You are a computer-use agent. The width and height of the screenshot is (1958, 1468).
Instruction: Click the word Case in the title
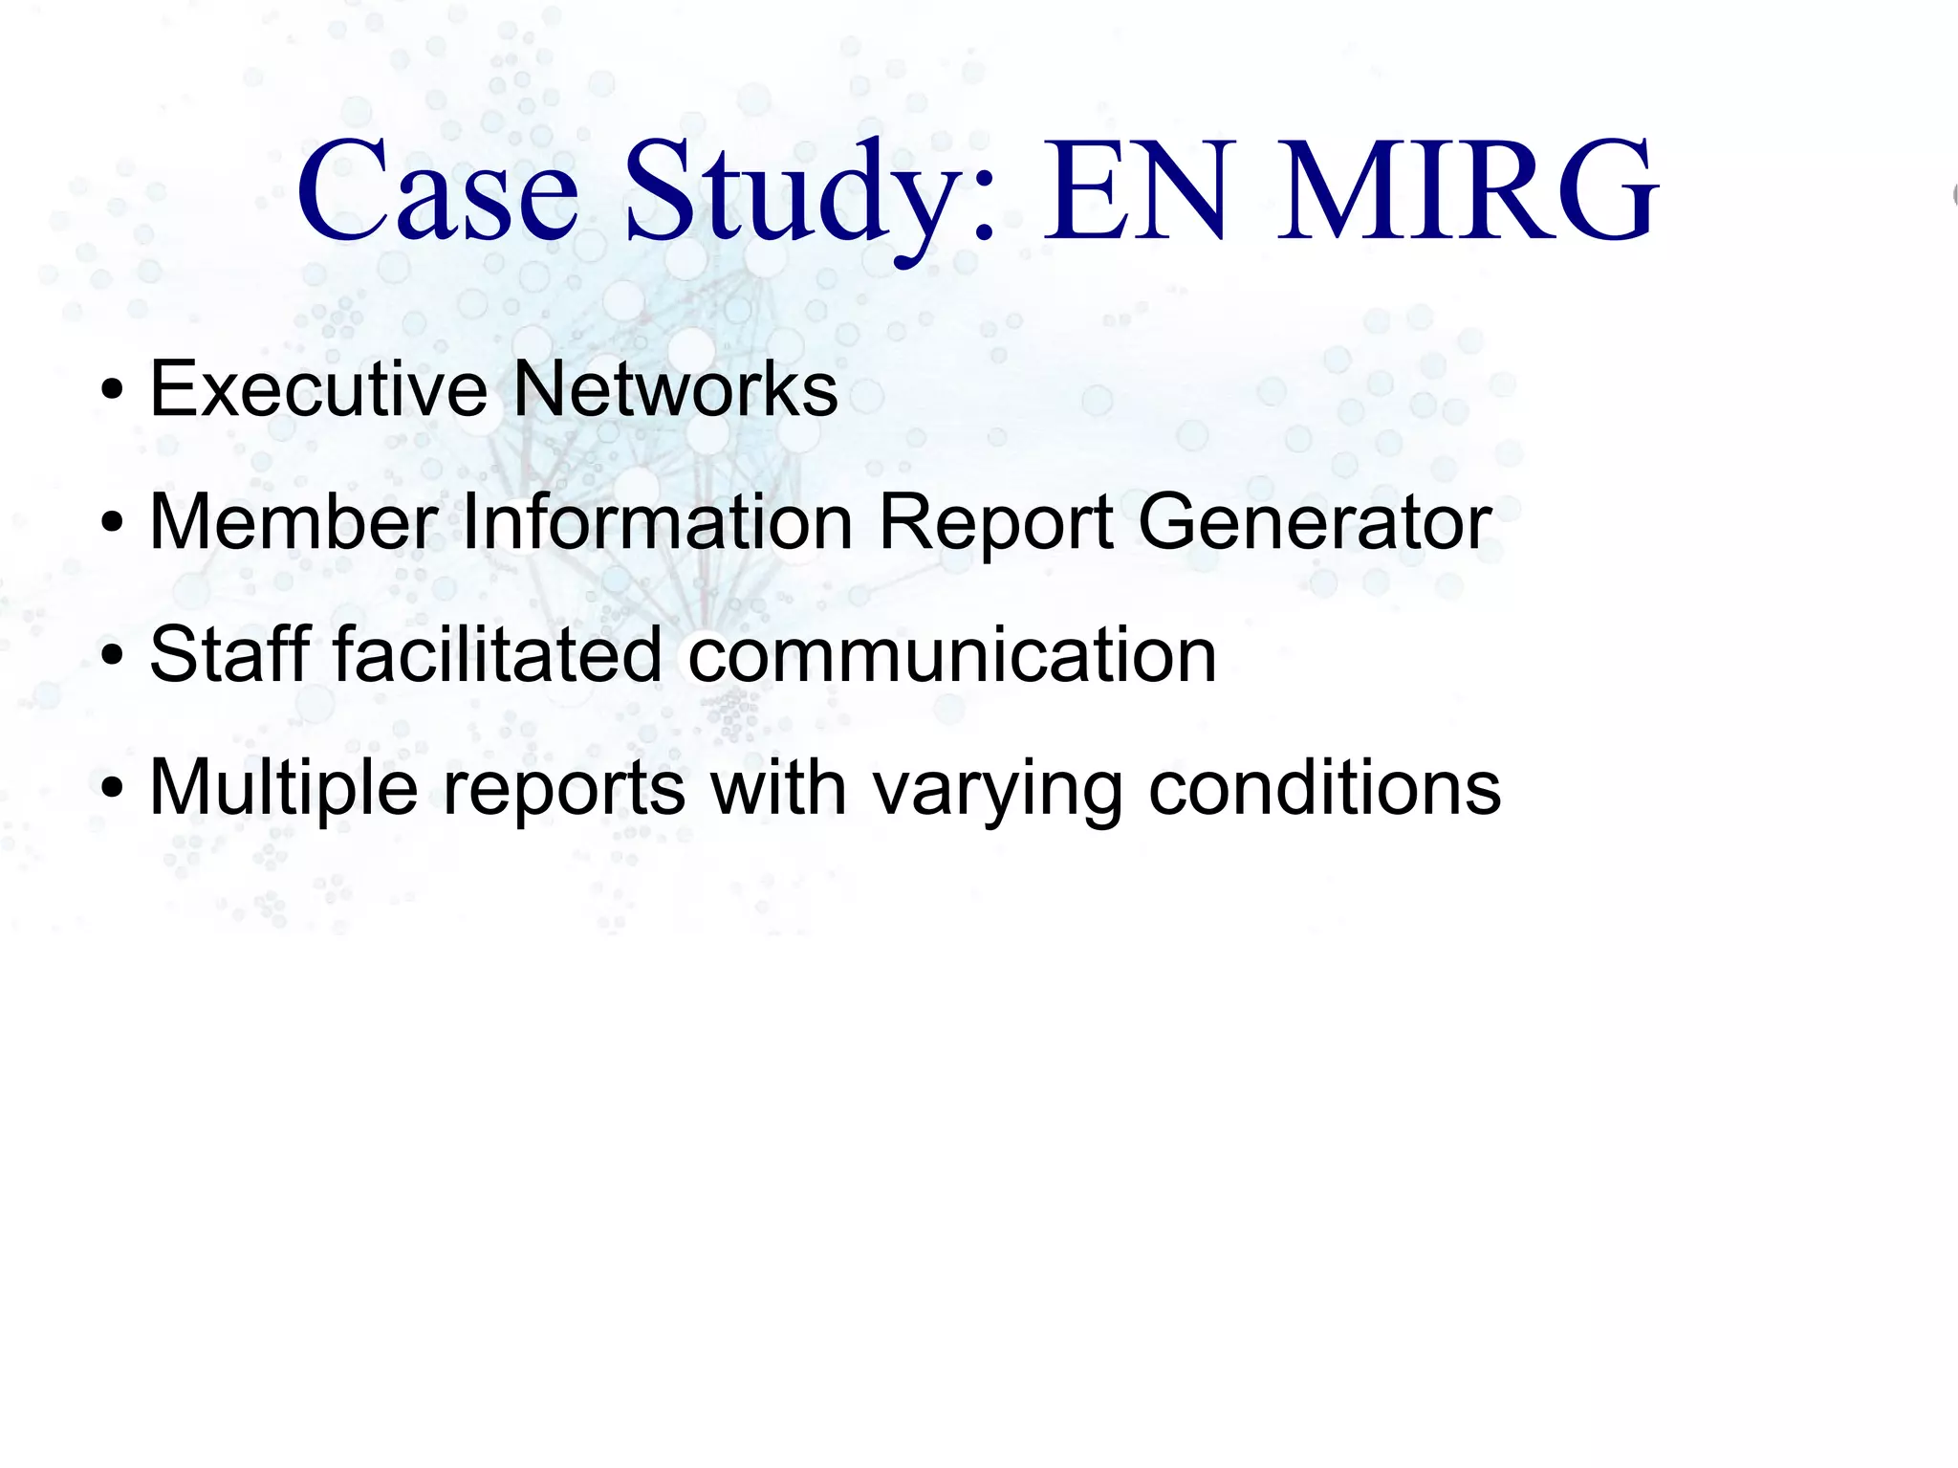[437, 190]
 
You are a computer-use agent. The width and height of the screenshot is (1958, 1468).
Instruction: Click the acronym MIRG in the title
[1468, 190]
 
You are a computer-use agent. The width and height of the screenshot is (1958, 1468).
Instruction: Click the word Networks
[675, 389]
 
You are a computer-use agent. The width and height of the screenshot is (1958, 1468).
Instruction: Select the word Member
[294, 522]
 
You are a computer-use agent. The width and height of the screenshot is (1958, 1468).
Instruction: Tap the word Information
[657, 522]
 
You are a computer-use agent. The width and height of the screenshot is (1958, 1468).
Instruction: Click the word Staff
[230, 655]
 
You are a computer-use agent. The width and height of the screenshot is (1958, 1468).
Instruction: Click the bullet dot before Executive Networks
[113, 392]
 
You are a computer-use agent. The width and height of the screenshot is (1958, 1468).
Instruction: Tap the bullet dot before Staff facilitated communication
[113, 658]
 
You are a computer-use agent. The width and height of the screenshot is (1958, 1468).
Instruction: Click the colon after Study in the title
[986, 206]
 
